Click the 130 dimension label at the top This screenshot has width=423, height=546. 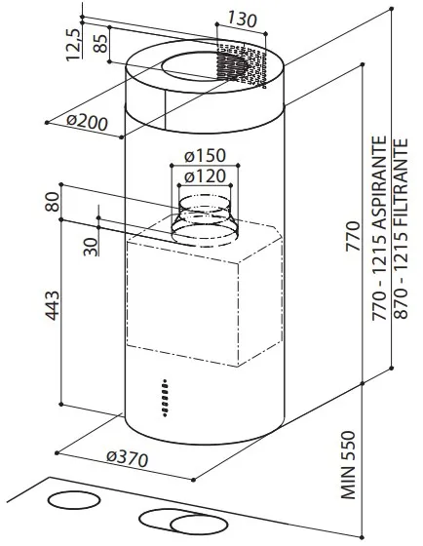(x=243, y=19)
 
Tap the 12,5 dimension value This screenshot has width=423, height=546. (x=73, y=45)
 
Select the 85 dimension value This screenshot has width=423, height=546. (x=101, y=43)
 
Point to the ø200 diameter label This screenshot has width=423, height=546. (x=88, y=122)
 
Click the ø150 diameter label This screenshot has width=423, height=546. (x=205, y=155)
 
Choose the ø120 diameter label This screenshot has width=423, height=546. (x=205, y=176)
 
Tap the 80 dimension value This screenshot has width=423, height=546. (x=53, y=201)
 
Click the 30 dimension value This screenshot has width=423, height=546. (x=91, y=247)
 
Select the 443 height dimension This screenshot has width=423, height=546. (x=53, y=305)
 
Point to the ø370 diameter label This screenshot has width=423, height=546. (x=128, y=459)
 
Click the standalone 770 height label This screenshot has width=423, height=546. (x=352, y=236)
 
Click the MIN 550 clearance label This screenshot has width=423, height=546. (x=348, y=465)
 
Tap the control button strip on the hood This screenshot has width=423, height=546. (x=165, y=398)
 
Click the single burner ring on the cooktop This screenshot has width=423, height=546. (x=74, y=501)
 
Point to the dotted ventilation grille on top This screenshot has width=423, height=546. (x=240, y=66)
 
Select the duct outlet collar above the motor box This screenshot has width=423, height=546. (x=205, y=220)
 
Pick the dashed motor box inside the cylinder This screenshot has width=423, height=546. (x=204, y=292)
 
